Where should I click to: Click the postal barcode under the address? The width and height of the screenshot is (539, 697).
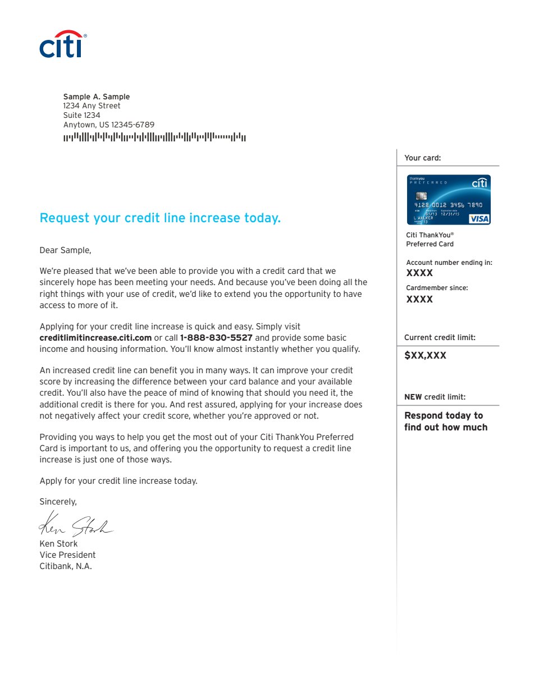[154, 137]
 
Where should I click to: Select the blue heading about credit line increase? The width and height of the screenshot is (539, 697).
[160, 218]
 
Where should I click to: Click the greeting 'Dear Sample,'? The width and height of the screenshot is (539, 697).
[65, 250]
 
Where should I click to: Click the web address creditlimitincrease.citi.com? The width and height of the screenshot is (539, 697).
[95, 338]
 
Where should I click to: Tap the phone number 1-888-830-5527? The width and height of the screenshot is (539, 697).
[216, 338]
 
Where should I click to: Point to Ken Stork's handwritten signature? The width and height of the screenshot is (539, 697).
[75, 525]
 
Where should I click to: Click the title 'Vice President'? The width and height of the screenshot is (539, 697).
[67, 555]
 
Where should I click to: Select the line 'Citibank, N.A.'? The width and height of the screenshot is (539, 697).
[66, 566]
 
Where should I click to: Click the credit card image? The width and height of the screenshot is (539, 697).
[449, 200]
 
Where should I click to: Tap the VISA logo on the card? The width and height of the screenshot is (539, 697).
[479, 218]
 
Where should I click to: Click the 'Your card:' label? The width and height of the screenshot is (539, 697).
[423, 158]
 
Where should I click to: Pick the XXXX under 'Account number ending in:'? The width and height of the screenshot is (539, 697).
[419, 273]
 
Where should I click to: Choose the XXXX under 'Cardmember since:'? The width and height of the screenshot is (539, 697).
[419, 300]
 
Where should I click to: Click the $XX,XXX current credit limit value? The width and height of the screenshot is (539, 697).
[425, 356]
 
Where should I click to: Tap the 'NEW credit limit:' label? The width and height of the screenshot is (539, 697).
[435, 397]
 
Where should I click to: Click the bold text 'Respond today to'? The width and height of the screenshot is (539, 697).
[444, 415]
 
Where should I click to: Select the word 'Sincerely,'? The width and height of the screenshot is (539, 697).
[58, 502]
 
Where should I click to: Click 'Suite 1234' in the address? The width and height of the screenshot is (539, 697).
[81, 115]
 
